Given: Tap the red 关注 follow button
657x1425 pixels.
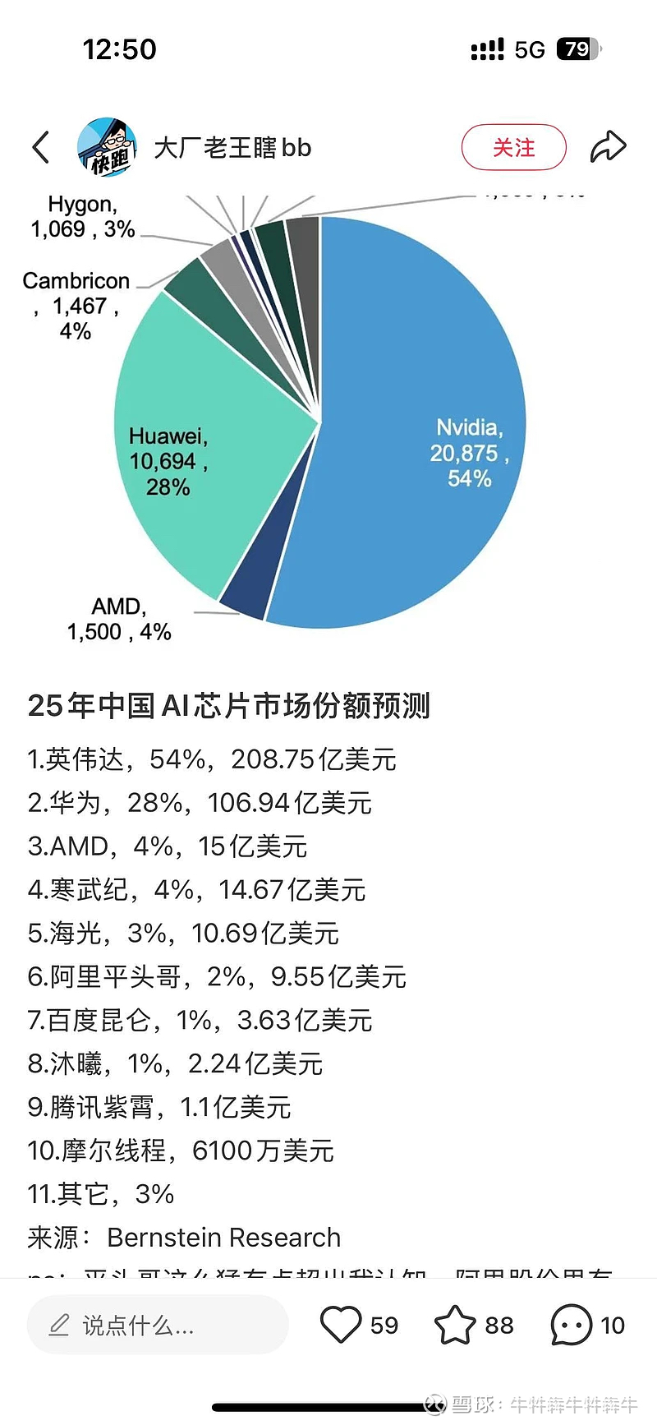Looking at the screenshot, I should point(513,148).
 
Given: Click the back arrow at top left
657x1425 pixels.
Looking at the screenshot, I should point(41,148).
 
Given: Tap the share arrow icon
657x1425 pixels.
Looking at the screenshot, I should point(608,147).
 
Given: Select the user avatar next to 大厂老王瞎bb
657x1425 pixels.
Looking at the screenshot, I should point(107,147).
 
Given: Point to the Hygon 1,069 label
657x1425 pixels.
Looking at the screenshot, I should point(82,217).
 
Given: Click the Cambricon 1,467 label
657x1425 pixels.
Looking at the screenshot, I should point(76,306).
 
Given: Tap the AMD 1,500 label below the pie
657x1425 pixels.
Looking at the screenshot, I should point(119,620).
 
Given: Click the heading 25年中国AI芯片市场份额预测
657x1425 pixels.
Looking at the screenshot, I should point(228,706).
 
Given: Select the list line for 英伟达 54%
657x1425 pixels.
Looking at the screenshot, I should point(212,759).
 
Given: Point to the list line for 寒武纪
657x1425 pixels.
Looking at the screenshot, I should point(196,890).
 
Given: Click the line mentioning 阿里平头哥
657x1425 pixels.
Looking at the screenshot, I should point(217,977).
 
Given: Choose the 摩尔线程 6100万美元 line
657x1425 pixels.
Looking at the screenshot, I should point(181,1151).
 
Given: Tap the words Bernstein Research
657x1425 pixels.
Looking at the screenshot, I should point(223,1238).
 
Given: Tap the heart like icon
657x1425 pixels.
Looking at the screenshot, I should point(340,1325).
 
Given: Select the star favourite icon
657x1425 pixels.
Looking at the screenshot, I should point(454,1325).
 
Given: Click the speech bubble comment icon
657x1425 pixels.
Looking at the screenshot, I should point(571,1325).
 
